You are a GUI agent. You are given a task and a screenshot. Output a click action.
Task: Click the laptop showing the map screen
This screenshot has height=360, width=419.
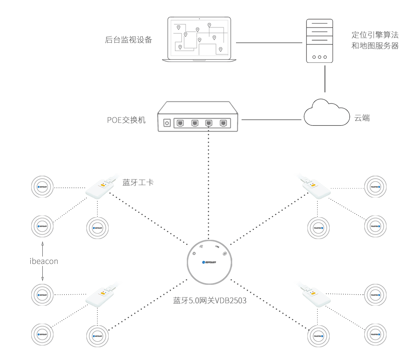200,39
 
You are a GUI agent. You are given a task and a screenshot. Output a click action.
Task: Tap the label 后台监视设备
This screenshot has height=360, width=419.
128,40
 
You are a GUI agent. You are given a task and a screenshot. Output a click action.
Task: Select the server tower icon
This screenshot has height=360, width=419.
319,41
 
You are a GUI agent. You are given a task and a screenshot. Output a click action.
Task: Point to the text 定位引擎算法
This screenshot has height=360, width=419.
375,35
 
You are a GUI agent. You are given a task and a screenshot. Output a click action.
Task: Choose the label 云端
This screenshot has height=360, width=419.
362,118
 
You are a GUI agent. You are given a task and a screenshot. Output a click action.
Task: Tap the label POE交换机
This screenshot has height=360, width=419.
126,120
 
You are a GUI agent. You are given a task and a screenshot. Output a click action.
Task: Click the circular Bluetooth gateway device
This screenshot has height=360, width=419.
209,262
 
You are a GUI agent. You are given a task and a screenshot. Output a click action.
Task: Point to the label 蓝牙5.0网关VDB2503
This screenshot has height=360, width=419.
209,300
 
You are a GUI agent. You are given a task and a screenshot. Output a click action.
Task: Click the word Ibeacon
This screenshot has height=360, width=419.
44,261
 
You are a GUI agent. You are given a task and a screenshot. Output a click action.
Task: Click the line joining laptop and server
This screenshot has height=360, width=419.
269,42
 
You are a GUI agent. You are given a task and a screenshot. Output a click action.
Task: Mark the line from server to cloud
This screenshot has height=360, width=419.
325,77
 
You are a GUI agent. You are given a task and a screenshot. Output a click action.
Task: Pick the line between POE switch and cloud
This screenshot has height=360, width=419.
272,119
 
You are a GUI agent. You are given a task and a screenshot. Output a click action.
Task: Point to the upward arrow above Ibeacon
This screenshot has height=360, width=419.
43,246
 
